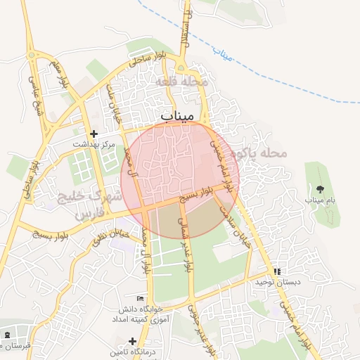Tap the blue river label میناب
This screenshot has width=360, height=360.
(224, 56)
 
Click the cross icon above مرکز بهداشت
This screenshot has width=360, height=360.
(93, 133)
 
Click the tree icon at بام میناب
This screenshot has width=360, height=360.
(321, 188)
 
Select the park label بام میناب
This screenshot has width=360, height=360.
(321, 200)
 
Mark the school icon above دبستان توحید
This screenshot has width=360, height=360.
(277, 271)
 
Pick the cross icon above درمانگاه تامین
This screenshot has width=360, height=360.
(132, 340)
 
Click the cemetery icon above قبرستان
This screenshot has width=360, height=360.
(7, 334)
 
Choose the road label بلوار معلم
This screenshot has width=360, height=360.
(59, 77)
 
